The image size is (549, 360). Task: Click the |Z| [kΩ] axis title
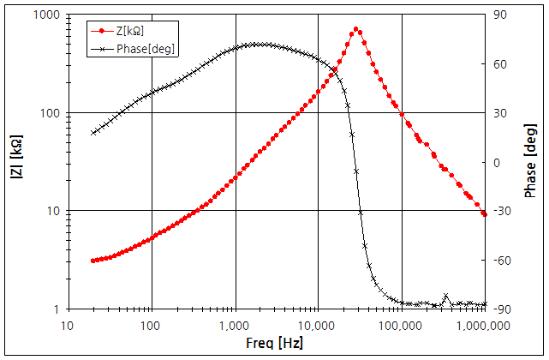coord(15,162)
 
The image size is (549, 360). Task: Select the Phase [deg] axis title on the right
coord(531,162)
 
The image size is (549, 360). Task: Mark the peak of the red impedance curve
coord(355,29)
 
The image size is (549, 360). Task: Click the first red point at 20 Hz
coord(92,260)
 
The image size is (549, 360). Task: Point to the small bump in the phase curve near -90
coord(445,297)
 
